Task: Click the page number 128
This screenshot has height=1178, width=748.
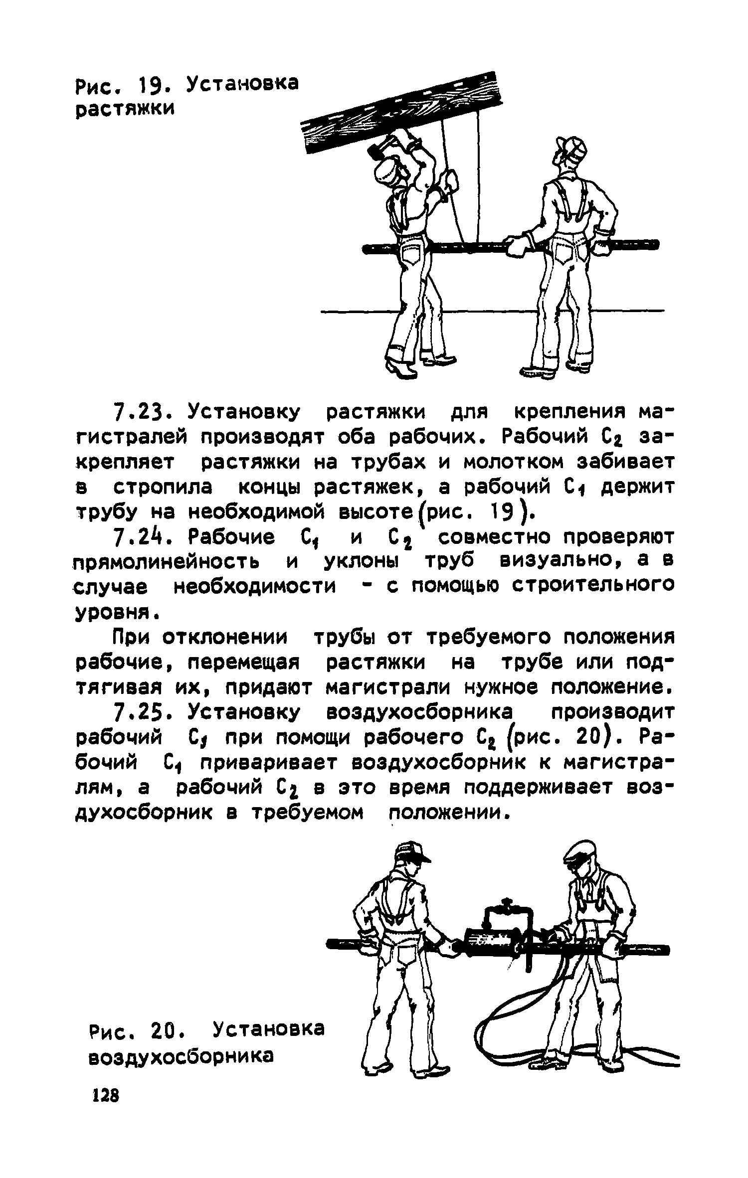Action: [106, 1124]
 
